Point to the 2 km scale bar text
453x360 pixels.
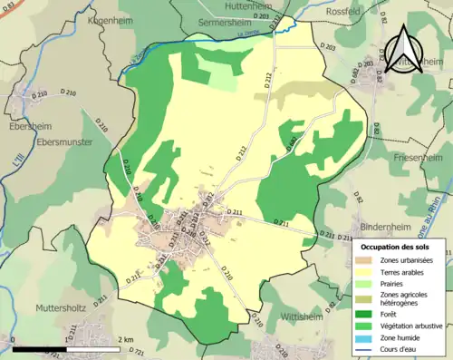pos(125,340)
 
